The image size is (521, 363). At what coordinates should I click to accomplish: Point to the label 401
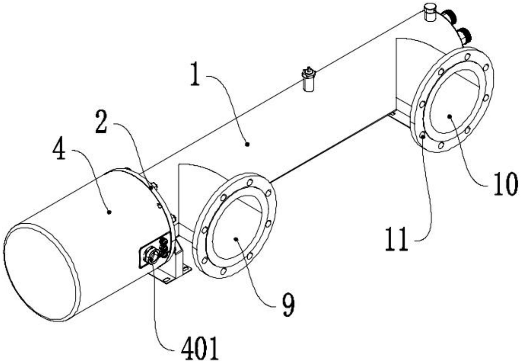(x=200, y=348)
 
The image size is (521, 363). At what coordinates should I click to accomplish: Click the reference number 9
(x=288, y=305)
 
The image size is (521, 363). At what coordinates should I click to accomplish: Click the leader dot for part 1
(x=247, y=144)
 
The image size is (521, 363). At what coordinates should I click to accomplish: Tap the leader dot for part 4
(x=109, y=212)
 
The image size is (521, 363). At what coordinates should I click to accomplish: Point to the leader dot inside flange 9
(x=236, y=239)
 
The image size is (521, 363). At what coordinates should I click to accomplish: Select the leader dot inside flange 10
(x=449, y=116)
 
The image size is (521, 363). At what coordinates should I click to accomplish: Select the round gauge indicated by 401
(x=151, y=255)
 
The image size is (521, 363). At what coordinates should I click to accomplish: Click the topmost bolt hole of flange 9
(x=250, y=182)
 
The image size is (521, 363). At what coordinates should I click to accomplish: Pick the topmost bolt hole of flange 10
(x=467, y=57)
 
